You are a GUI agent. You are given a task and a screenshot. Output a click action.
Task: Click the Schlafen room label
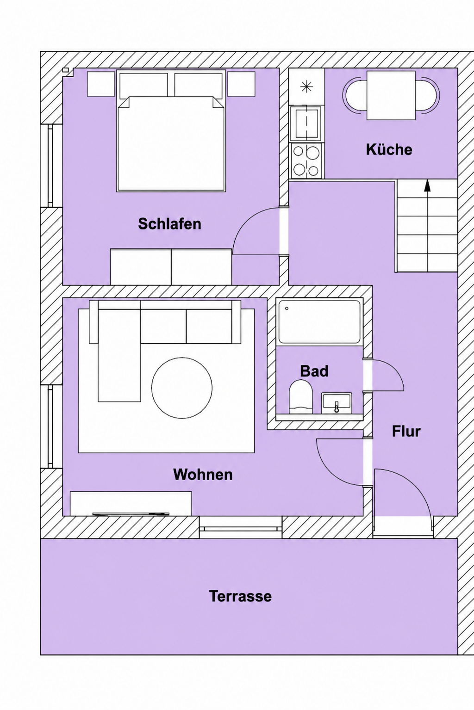(169, 224)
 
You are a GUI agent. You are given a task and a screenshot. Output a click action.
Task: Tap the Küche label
(389, 149)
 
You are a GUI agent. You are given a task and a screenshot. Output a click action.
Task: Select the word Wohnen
(203, 475)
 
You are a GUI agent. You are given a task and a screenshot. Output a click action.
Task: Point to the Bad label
(314, 371)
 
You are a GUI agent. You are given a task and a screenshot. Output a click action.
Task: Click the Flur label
(406, 431)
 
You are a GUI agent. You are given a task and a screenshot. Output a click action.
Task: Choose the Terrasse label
(240, 596)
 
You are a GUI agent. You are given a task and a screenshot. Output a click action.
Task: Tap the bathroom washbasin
(337, 403)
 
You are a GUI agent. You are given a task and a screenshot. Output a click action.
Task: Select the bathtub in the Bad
(319, 321)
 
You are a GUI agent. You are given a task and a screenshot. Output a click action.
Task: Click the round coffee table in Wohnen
(182, 388)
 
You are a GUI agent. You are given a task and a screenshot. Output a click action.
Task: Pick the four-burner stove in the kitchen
(306, 161)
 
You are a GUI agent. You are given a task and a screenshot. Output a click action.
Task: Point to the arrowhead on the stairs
(427, 186)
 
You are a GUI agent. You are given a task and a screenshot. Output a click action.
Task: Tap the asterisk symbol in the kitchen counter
(306, 87)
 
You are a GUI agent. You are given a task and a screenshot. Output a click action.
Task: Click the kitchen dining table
(391, 95)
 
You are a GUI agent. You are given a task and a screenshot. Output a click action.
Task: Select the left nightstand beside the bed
(101, 84)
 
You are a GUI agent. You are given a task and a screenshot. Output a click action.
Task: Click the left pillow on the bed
(143, 84)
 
